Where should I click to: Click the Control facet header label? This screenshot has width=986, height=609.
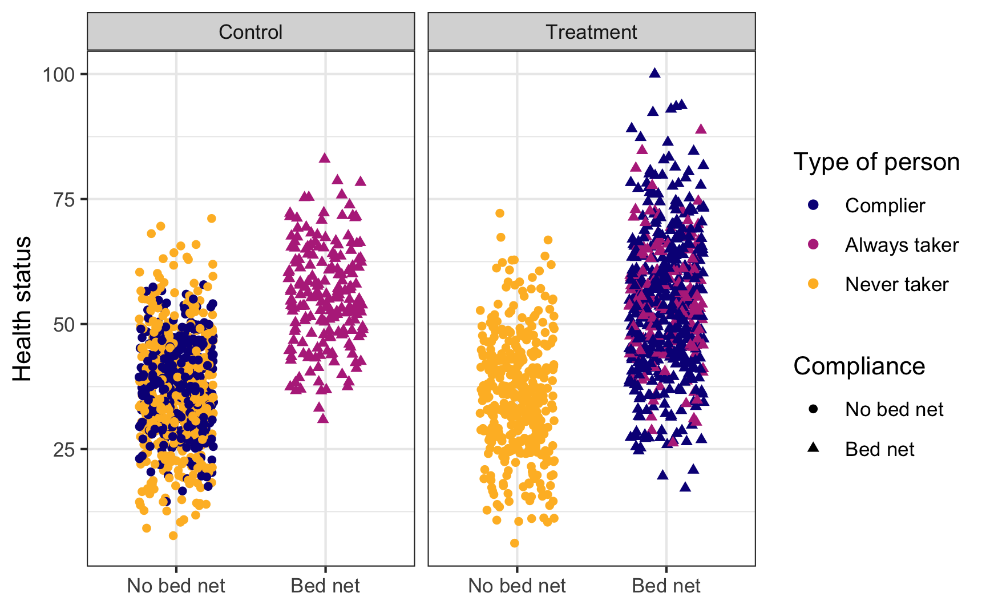tap(250, 32)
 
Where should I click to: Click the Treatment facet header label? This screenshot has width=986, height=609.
tap(591, 32)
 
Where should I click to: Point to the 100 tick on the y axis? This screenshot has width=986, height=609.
tap(59, 74)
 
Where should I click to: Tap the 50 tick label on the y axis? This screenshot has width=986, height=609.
tap(64, 324)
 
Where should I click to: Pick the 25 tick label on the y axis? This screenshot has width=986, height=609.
tap(64, 449)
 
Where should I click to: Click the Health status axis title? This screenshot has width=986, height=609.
tap(23, 309)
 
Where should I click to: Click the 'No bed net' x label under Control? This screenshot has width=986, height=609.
tap(176, 586)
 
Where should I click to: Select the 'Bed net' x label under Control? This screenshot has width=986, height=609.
tap(325, 586)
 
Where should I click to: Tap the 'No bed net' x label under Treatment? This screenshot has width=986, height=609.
tap(517, 586)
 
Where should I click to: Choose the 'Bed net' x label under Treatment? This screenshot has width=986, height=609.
tap(666, 586)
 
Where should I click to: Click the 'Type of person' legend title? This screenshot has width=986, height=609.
tap(876, 162)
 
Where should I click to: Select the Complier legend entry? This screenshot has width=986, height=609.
tap(884, 205)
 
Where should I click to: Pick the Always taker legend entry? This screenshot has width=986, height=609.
tap(902, 245)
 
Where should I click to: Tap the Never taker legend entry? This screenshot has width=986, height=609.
tap(896, 284)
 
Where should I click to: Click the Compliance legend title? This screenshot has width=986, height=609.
tap(859, 366)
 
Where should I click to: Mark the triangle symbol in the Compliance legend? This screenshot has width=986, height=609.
tap(814, 448)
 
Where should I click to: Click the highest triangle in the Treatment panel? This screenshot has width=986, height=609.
tap(655, 72)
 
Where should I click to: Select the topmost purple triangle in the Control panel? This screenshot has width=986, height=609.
tap(325, 158)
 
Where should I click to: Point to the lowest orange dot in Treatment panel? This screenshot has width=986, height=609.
tap(515, 543)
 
